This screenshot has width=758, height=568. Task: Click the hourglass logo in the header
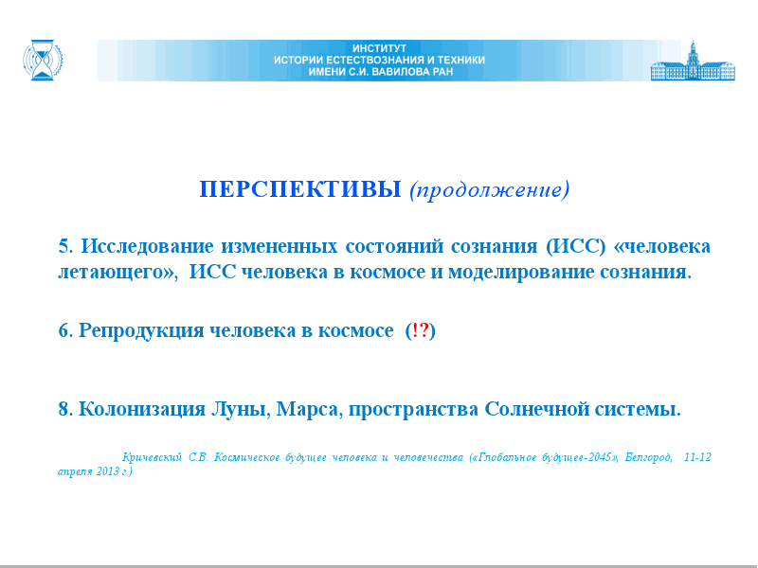[x=43, y=60]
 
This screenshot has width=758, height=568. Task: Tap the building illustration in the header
[x=693, y=61]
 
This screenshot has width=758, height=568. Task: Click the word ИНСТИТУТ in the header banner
[x=379, y=48]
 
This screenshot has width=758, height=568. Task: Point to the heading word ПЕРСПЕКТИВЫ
[x=300, y=188]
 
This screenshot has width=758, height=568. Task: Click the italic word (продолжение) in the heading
[x=490, y=190]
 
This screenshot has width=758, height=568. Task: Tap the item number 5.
[x=65, y=246]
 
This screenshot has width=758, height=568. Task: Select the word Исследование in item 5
[x=147, y=246]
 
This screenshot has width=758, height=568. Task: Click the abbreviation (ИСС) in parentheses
[x=576, y=246]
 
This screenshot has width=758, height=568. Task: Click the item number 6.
[x=65, y=330]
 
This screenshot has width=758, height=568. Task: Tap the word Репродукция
[x=141, y=330]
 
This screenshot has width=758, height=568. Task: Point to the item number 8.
[x=65, y=409]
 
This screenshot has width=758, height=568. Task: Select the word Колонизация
[x=142, y=410]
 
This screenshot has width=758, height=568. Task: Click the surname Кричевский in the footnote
[x=152, y=457]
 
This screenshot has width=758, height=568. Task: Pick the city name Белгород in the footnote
[x=648, y=457]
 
